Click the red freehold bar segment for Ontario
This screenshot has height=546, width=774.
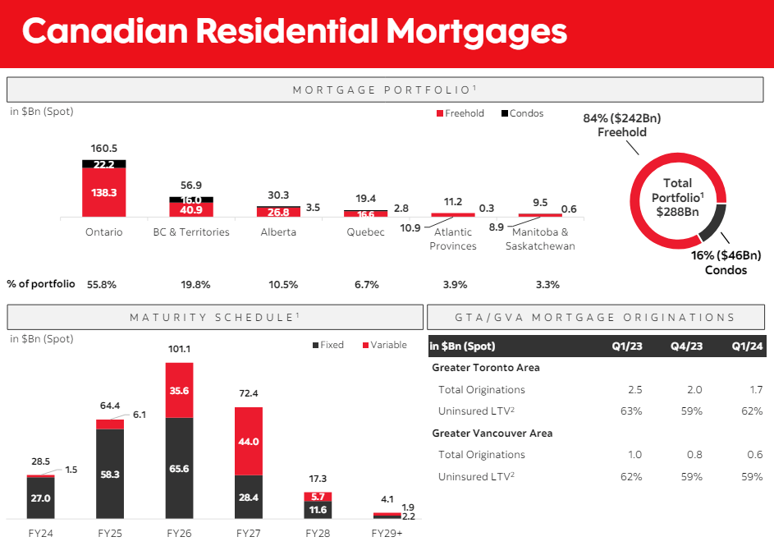click(x=103, y=193)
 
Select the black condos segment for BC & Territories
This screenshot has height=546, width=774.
click(x=191, y=199)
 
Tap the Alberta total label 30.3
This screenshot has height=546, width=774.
click(x=278, y=195)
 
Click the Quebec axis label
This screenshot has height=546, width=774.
click(x=365, y=232)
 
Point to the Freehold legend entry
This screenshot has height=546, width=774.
click(x=460, y=113)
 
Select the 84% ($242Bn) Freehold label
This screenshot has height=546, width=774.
click(x=621, y=125)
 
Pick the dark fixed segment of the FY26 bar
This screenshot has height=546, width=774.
click(x=179, y=468)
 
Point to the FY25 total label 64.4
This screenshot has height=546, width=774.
click(x=110, y=406)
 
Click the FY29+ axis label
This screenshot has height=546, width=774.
click(x=388, y=533)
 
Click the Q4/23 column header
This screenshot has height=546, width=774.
click(x=685, y=346)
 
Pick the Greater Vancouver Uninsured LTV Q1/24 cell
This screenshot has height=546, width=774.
click(x=751, y=476)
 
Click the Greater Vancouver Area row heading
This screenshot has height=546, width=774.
click(x=492, y=433)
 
